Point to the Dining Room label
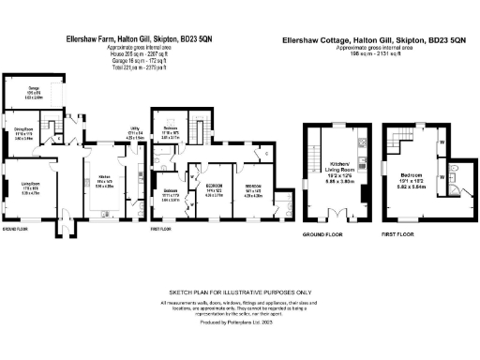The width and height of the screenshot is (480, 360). coord(23,131)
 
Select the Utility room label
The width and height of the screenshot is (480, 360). coord(135,134)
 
